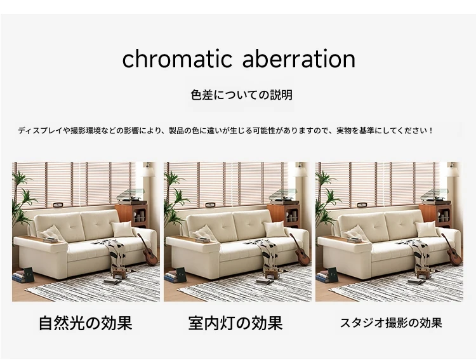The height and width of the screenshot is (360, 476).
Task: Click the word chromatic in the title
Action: [x=177, y=58]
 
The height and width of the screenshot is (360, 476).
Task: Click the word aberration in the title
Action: [x=299, y=58]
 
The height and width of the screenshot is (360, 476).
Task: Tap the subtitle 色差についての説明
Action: [x=242, y=95]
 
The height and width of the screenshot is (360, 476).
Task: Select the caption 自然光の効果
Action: [x=86, y=323]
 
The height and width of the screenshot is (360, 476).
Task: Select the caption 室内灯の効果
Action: [x=235, y=323]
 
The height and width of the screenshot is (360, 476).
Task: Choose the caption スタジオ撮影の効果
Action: [x=391, y=323]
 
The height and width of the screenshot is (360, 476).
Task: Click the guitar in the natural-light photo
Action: [x=148, y=249]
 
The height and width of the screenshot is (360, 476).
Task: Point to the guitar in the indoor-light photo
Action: [x=300, y=249]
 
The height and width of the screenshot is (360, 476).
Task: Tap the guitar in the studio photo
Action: [x=452, y=249]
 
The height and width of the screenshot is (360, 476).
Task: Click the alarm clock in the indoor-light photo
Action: [x=210, y=205]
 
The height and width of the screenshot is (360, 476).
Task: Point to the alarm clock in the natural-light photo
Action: [x=58, y=205]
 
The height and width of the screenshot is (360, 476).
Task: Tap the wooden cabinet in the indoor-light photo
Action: [x=284, y=216]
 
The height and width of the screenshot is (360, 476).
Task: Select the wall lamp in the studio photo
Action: [x=453, y=170]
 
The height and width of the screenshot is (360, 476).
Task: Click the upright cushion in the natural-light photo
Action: [x=122, y=229]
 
